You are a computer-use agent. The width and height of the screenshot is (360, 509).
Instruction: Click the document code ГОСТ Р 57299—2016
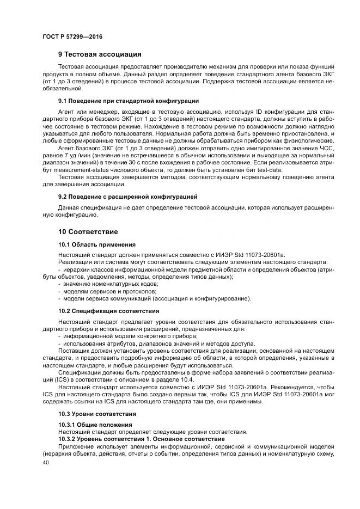(72, 36)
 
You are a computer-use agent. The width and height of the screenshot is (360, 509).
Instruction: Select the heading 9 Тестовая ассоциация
(100, 54)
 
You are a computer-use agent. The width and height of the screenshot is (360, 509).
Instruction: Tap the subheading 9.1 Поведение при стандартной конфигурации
(128, 101)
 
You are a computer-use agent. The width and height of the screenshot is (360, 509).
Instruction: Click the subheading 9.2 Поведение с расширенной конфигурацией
(127, 196)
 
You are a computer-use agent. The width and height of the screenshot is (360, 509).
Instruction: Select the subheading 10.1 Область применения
(96, 245)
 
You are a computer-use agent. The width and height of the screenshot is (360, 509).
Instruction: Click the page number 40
(45, 461)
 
